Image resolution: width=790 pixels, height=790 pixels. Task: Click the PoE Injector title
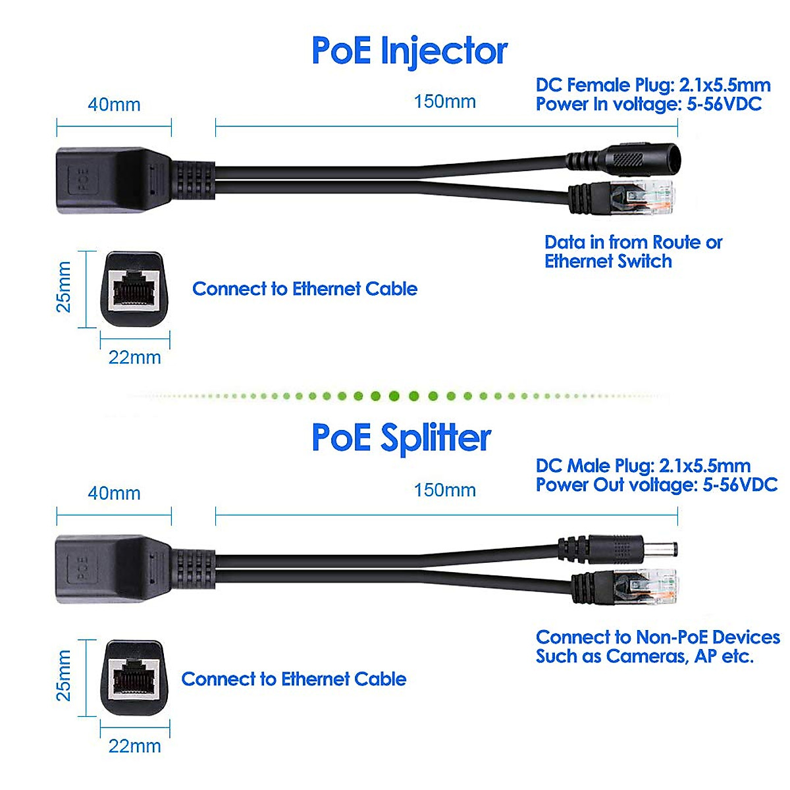point(409,51)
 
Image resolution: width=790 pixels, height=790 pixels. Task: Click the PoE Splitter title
point(401,438)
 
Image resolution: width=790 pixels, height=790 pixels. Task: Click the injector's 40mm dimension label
point(114,105)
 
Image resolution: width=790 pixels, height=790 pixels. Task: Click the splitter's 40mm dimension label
point(114,493)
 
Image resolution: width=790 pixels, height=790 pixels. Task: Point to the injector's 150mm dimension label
point(444,102)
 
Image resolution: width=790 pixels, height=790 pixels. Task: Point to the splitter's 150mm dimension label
point(444,490)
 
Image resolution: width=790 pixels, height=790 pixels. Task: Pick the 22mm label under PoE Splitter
point(134,746)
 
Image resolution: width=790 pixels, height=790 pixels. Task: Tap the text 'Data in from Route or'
point(633,242)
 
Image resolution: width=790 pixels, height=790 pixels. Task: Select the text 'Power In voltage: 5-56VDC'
point(648,104)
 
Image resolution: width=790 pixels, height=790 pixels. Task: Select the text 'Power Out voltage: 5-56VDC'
point(656,485)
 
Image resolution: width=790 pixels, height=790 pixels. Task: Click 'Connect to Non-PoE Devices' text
point(657,637)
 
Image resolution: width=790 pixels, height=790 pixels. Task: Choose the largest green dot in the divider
point(394,396)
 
